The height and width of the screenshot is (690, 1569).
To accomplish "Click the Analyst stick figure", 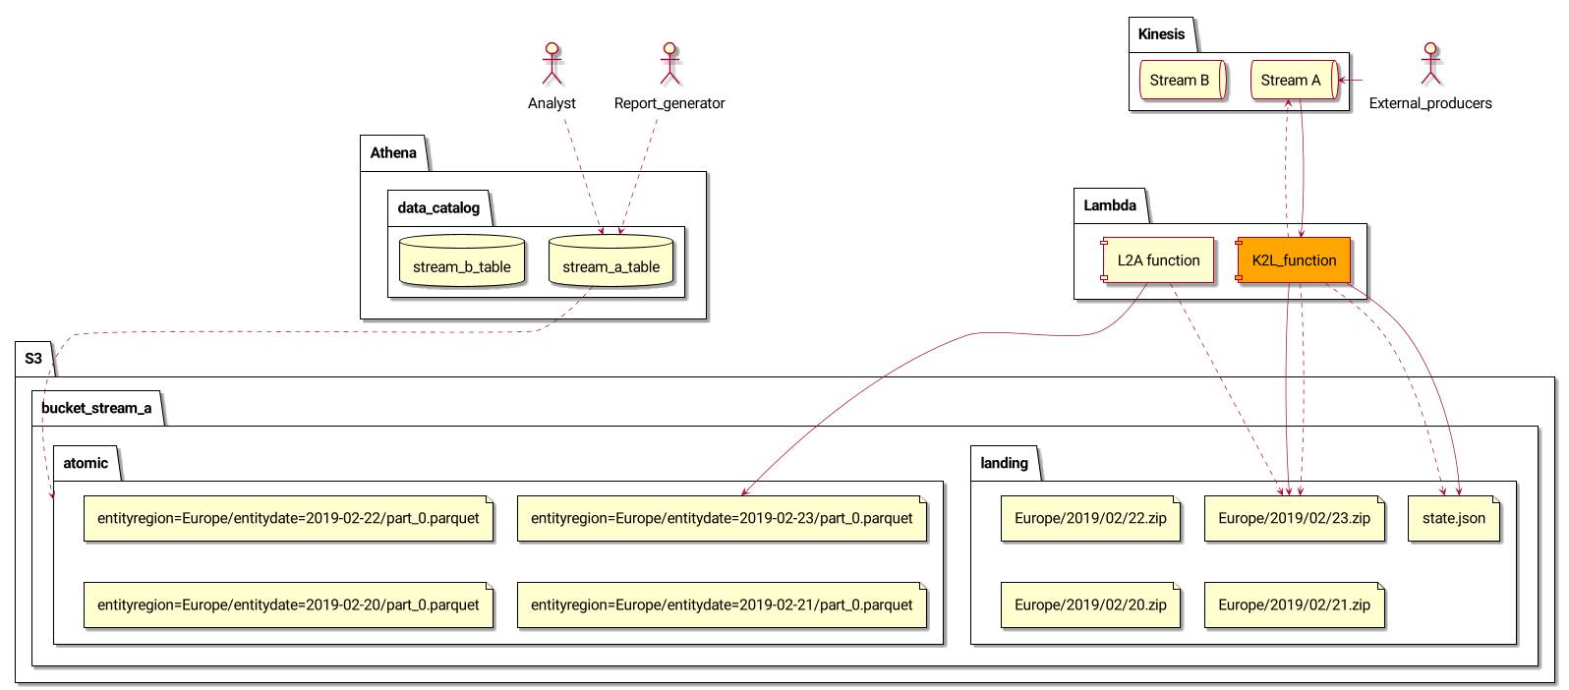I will (552, 64).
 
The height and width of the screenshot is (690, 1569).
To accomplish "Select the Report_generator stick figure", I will (669, 64).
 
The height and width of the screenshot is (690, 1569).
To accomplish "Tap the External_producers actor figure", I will (1430, 64).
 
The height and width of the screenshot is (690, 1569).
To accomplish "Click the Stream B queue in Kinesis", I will (1180, 81).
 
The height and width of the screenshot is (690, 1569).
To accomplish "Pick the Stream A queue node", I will (1292, 81).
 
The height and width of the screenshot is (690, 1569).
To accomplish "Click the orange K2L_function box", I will (1294, 260).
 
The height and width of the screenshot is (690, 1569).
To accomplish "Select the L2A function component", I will (1158, 260).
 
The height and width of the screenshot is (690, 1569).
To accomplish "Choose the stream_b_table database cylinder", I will (461, 262).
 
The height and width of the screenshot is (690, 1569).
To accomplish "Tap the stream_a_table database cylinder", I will (610, 262).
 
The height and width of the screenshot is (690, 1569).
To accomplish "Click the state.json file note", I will (1454, 518).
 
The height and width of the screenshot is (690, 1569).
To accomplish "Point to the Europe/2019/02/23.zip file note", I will (1294, 518).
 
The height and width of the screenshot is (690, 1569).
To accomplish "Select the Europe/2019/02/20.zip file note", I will (1090, 604).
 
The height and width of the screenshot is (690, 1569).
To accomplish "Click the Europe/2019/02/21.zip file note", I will (1294, 604).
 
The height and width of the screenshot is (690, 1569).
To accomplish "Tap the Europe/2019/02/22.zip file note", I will (1090, 518).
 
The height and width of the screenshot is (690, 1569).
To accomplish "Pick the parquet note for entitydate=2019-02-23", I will (722, 518).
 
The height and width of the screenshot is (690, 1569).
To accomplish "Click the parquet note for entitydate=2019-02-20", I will (288, 604).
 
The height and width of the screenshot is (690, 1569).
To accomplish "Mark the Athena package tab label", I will (393, 153).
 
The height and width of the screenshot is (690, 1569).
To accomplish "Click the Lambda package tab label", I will (1110, 206).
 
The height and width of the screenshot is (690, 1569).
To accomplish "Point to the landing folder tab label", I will (1004, 463).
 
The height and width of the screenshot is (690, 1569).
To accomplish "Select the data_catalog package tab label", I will (438, 208).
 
